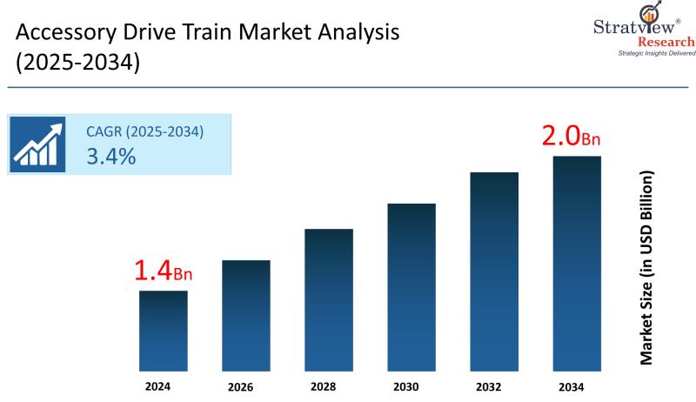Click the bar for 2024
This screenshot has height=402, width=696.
pos(164,330)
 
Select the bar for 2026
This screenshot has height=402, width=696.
pos(246,314)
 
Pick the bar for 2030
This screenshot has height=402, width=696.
pos(412,285)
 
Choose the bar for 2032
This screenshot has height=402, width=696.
pos(494,270)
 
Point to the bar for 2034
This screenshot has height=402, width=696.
pos(577,262)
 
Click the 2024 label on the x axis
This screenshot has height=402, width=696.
pos(164,385)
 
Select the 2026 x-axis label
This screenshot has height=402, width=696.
pos(246,386)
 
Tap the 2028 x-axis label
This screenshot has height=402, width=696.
pos(329,386)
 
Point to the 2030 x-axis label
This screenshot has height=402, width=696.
pos(412,386)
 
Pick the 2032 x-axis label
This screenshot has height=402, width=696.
pos(494,386)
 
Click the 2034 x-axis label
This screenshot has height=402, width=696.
pos(577,386)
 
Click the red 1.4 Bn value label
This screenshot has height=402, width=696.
pos(163,271)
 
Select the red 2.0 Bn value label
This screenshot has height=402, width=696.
pos(572,137)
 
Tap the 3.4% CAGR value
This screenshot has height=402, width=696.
pos(110,157)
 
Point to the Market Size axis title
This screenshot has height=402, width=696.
pos(646,267)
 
